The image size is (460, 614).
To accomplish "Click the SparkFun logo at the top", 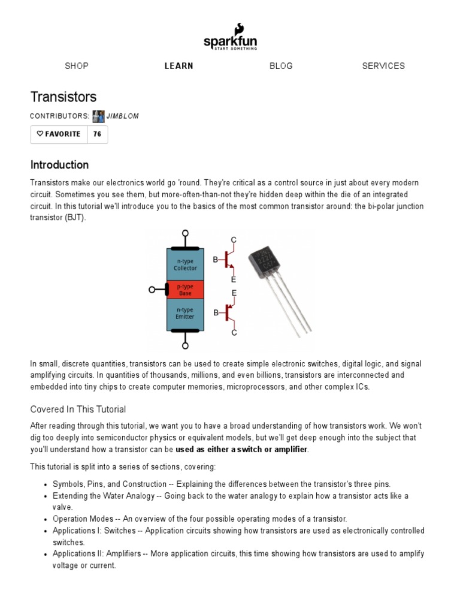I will [230, 37].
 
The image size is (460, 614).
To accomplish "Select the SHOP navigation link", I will [77, 66].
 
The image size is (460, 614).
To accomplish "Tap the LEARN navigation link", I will [179, 66].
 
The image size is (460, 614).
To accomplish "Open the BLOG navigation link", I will [281, 66].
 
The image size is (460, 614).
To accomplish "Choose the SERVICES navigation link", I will [383, 66].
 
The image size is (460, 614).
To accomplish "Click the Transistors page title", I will [63, 97].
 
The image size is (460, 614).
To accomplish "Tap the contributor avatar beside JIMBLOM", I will [98, 116].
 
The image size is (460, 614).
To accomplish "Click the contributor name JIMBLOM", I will [122, 116].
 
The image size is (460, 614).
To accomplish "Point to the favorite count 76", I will [97, 134].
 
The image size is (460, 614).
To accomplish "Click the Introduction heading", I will [59, 165].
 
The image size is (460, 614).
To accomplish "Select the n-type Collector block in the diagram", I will [185, 264].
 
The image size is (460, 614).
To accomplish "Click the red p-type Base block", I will [185, 290].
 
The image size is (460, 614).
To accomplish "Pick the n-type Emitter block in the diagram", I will [185, 314].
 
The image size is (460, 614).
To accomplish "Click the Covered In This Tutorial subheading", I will [78, 410].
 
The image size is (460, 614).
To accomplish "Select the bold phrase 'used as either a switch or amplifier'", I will [241, 449].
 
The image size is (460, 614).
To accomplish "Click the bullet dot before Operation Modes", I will [46, 519].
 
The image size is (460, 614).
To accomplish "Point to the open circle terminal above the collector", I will [185, 233].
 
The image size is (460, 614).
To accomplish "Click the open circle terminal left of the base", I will [152, 290].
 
